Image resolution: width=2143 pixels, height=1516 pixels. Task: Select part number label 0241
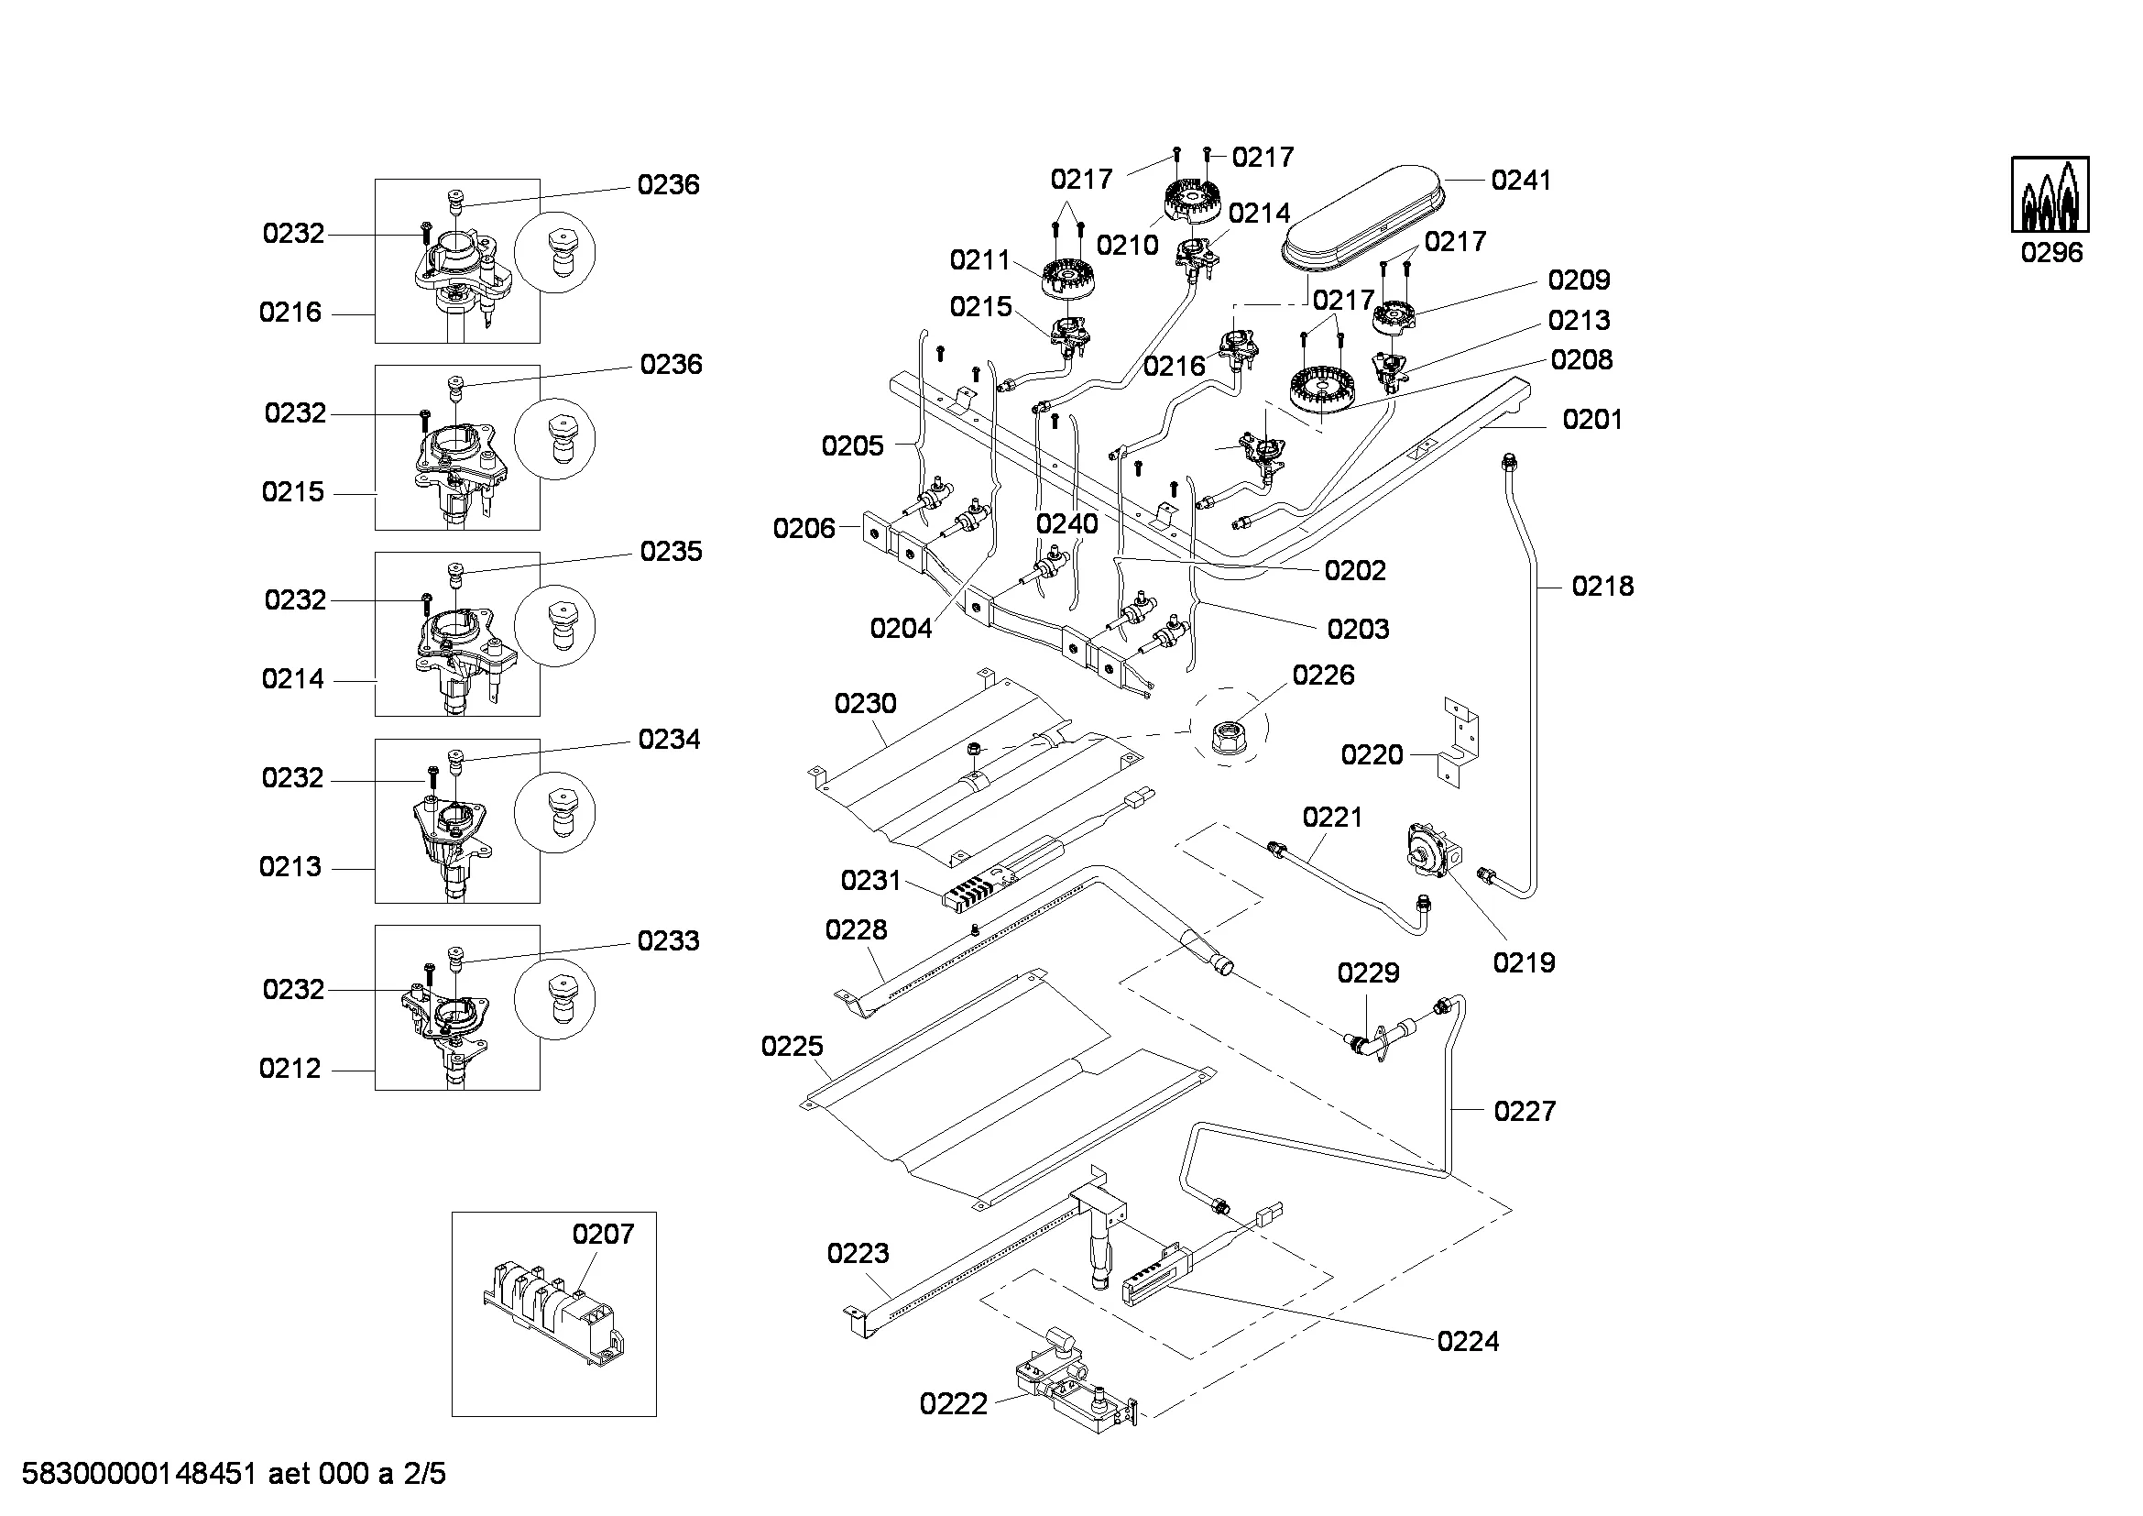[1521, 181]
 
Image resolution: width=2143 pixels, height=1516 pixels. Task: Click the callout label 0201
[1592, 420]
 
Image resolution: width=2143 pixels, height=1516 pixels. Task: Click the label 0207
[603, 1234]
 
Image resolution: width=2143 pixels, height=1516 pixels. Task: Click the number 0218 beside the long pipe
[1602, 587]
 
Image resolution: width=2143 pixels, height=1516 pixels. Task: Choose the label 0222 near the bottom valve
[953, 1404]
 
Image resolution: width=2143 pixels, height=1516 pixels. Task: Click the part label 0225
[793, 1047]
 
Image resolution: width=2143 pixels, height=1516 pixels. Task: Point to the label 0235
[670, 552]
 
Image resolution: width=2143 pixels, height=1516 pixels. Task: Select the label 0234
[669, 740]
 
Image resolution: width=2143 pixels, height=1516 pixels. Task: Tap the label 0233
[668, 941]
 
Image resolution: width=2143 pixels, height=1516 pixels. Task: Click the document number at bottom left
[234, 1474]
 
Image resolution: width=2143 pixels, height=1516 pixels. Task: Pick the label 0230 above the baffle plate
[865, 703]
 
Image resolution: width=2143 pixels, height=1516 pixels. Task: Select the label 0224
[1467, 1342]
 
